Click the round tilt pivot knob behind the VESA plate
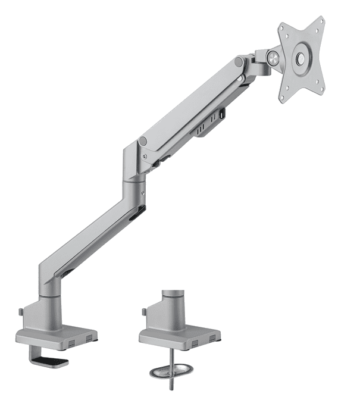[273, 57]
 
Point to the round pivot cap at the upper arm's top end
[239, 62]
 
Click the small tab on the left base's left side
[21, 311]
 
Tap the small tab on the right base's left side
[143, 311]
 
